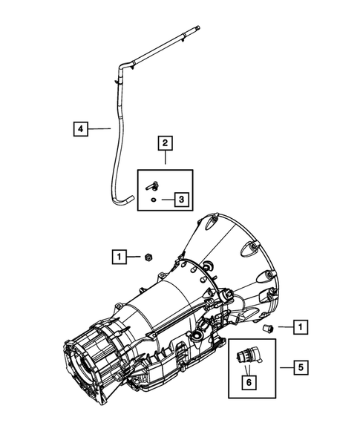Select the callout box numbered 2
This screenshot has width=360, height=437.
(165, 142)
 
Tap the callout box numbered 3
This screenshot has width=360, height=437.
(180, 199)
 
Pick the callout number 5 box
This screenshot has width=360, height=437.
(300, 367)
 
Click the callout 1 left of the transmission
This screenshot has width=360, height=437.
(118, 257)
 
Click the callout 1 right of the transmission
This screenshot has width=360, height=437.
(300, 326)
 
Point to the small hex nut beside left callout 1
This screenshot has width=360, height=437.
(148, 257)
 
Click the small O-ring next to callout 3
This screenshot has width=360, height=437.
(153, 199)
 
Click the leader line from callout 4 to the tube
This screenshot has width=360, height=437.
(100, 128)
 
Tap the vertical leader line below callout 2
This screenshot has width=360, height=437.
(165, 159)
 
